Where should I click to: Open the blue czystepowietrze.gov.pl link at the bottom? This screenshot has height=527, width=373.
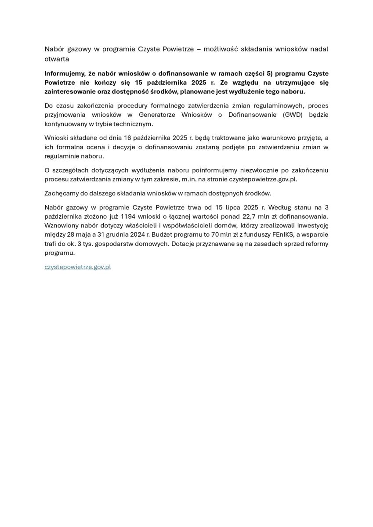tap(78, 267)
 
